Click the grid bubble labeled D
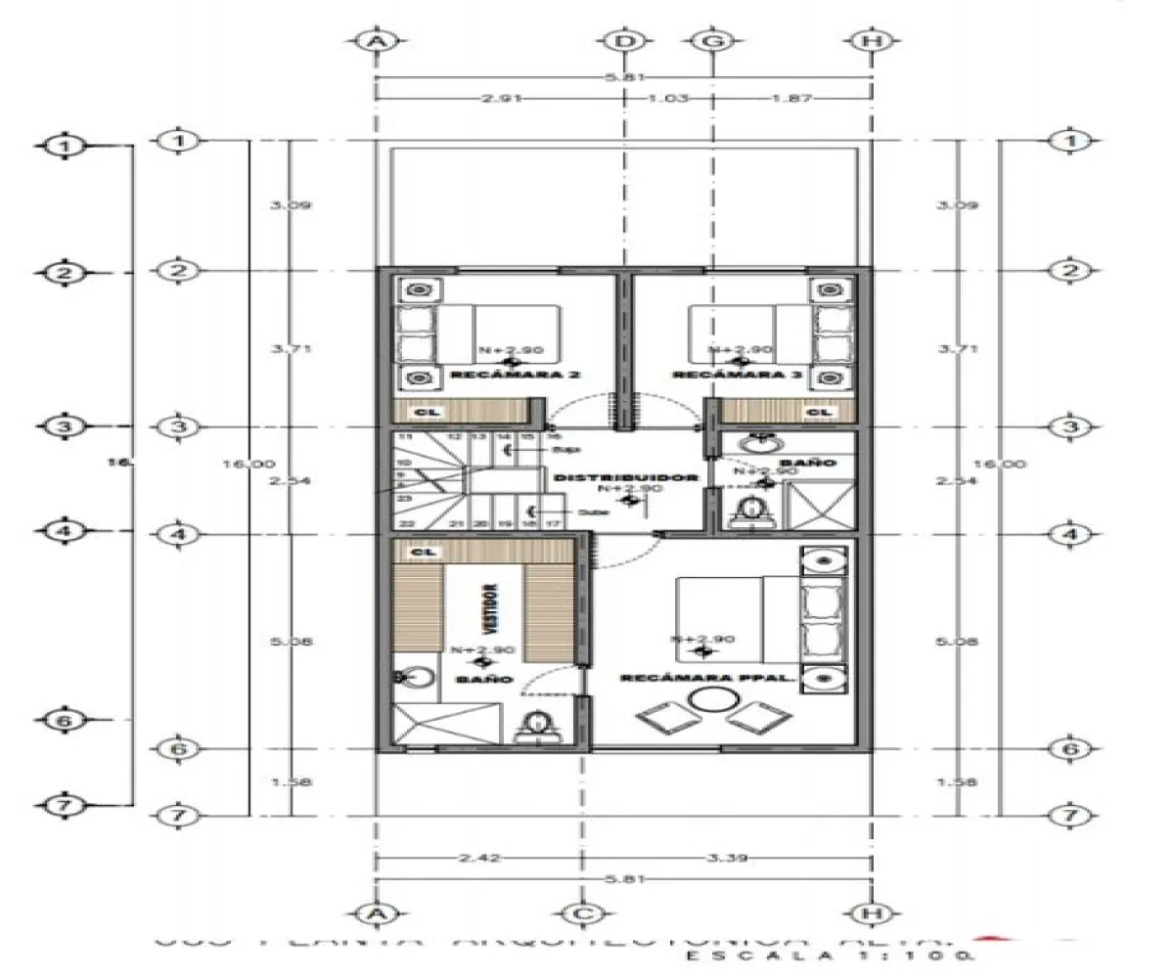(x=622, y=41)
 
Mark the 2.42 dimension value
(x=479, y=859)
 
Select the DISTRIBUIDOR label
(x=625, y=478)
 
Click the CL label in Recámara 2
(x=422, y=413)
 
